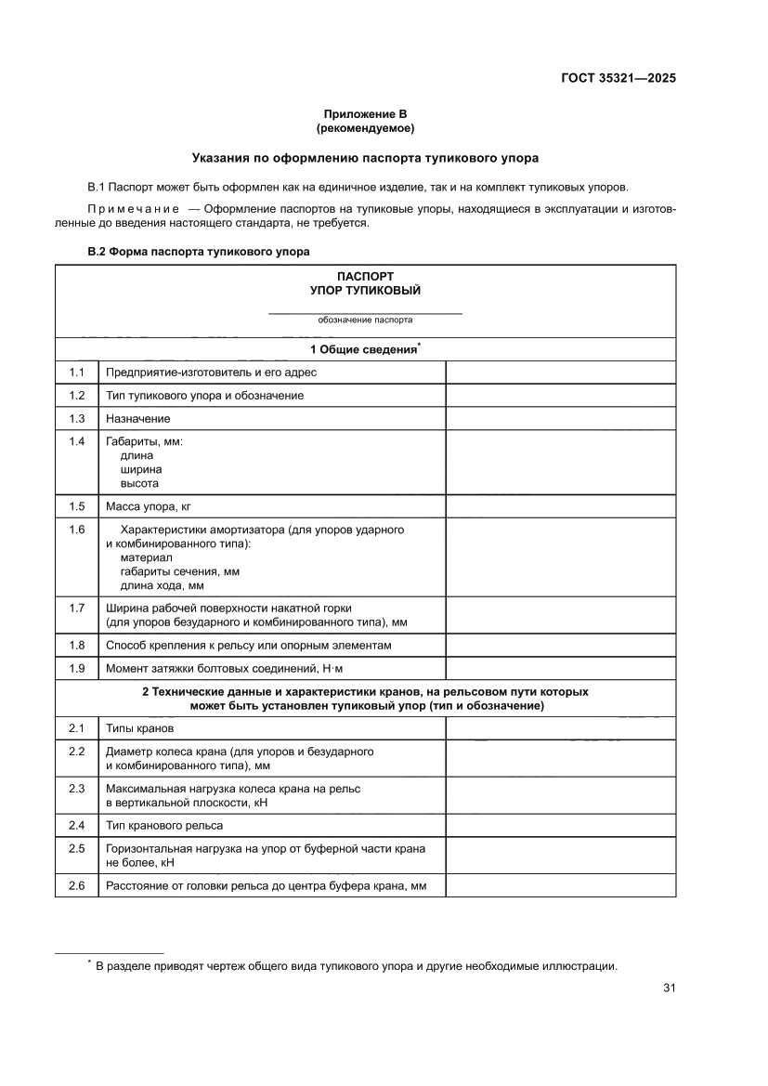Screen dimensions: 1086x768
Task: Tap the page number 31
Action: pyautogui.click(x=669, y=988)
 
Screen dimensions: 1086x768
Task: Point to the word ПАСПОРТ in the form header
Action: pyautogui.click(x=365, y=277)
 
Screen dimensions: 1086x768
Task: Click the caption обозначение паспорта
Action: pyautogui.click(x=365, y=320)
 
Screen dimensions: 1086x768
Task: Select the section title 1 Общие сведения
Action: pyautogui.click(x=364, y=349)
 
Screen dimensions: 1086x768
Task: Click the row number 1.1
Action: pyautogui.click(x=77, y=373)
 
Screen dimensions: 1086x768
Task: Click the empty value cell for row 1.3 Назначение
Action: pyautogui.click(x=561, y=419)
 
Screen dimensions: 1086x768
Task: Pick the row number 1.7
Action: pyautogui.click(x=77, y=608)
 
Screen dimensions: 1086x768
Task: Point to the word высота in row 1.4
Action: pyautogui.click(x=139, y=483)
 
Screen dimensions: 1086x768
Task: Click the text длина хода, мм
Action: pyautogui.click(x=163, y=585)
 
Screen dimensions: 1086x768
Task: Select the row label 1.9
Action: pyautogui.click(x=77, y=668)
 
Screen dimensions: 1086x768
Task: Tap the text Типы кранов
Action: pyautogui.click(x=139, y=728)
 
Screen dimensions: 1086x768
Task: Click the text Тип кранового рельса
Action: pyautogui.click(x=164, y=825)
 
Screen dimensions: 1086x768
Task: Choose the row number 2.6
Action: pyautogui.click(x=77, y=886)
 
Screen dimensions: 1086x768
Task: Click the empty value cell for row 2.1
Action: pyautogui.click(x=561, y=728)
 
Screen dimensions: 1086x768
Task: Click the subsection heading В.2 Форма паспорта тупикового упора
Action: pyautogui.click(x=199, y=252)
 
